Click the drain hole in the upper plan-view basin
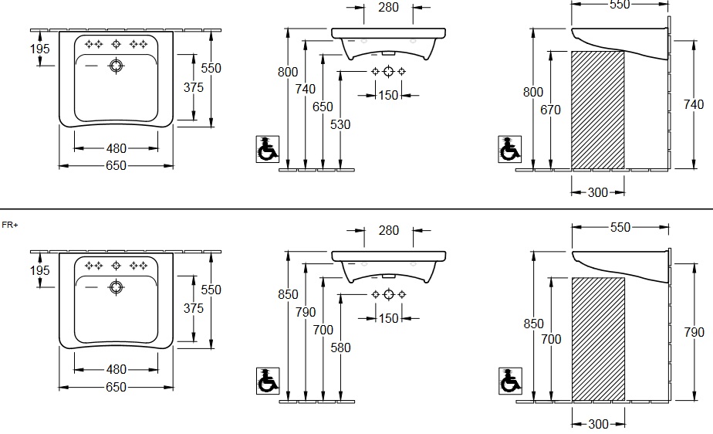tap(117, 65)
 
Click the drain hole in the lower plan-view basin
tap(117, 287)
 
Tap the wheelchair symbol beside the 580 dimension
tap(265, 381)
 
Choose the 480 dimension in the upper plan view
tap(116, 147)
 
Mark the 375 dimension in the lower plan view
tap(194, 307)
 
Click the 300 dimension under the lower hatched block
tap(598, 423)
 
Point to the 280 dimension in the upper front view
tap(389, 7)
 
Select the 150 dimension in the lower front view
tap(389, 318)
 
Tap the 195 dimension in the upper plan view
tap(39, 49)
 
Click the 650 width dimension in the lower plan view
tap(116, 388)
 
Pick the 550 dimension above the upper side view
tap(620, 4)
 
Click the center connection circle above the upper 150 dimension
tap(390, 72)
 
